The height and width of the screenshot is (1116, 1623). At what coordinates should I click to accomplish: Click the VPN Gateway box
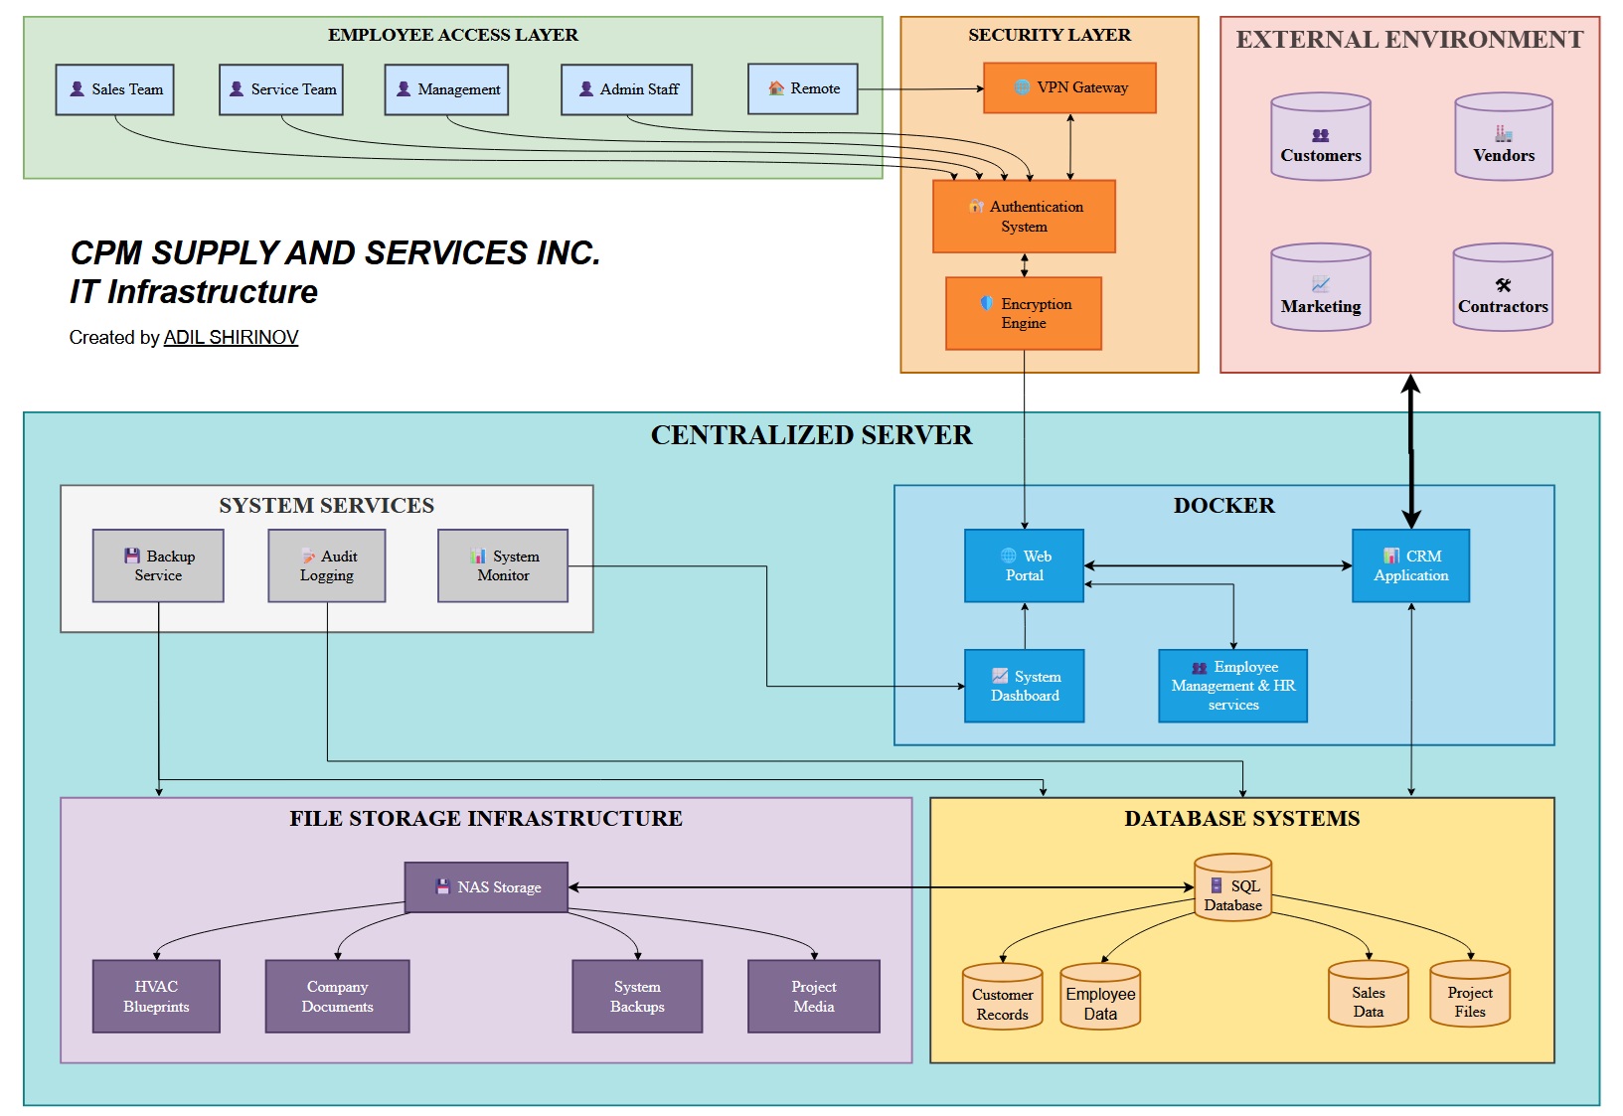tap(1069, 87)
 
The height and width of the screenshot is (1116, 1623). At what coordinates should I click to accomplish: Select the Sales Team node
tap(115, 89)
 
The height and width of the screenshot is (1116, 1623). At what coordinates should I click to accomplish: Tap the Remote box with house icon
tap(802, 88)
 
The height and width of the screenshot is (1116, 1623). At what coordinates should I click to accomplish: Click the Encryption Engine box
tap(1024, 313)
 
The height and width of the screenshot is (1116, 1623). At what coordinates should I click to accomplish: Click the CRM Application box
tap(1410, 565)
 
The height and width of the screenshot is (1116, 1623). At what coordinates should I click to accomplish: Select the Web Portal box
tap(1024, 565)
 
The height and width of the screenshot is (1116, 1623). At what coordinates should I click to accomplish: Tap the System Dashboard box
tap(1024, 686)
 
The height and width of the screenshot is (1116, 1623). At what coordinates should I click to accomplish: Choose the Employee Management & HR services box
tap(1232, 686)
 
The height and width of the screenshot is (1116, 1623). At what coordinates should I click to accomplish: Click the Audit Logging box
tap(326, 565)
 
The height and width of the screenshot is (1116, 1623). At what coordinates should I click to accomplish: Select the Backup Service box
tap(158, 565)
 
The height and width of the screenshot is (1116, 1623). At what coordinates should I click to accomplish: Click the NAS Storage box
tap(486, 886)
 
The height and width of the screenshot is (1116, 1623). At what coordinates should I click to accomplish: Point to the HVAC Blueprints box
tap(156, 996)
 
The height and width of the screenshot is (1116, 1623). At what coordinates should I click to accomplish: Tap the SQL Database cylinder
tap(1232, 888)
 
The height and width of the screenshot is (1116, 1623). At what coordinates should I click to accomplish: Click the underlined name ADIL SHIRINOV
tap(231, 338)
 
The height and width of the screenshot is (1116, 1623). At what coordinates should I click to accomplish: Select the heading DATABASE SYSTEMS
tap(1241, 819)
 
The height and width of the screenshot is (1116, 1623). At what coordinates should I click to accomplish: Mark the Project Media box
tap(813, 996)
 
